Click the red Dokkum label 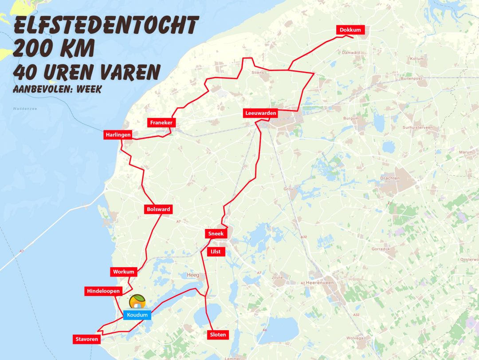(x=351, y=30)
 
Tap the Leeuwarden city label (x=261, y=113)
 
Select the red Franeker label (x=161, y=123)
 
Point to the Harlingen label (x=118, y=135)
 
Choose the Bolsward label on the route (x=158, y=209)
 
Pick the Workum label (x=123, y=272)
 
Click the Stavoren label (x=86, y=340)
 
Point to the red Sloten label (x=218, y=335)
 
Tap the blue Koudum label (x=137, y=315)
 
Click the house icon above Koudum (x=137, y=302)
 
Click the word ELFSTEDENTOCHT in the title (x=105, y=26)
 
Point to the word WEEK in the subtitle (x=89, y=89)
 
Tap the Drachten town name (x=390, y=178)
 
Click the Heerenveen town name (x=322, y=282)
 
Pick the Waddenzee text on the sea (x=22, y=109)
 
